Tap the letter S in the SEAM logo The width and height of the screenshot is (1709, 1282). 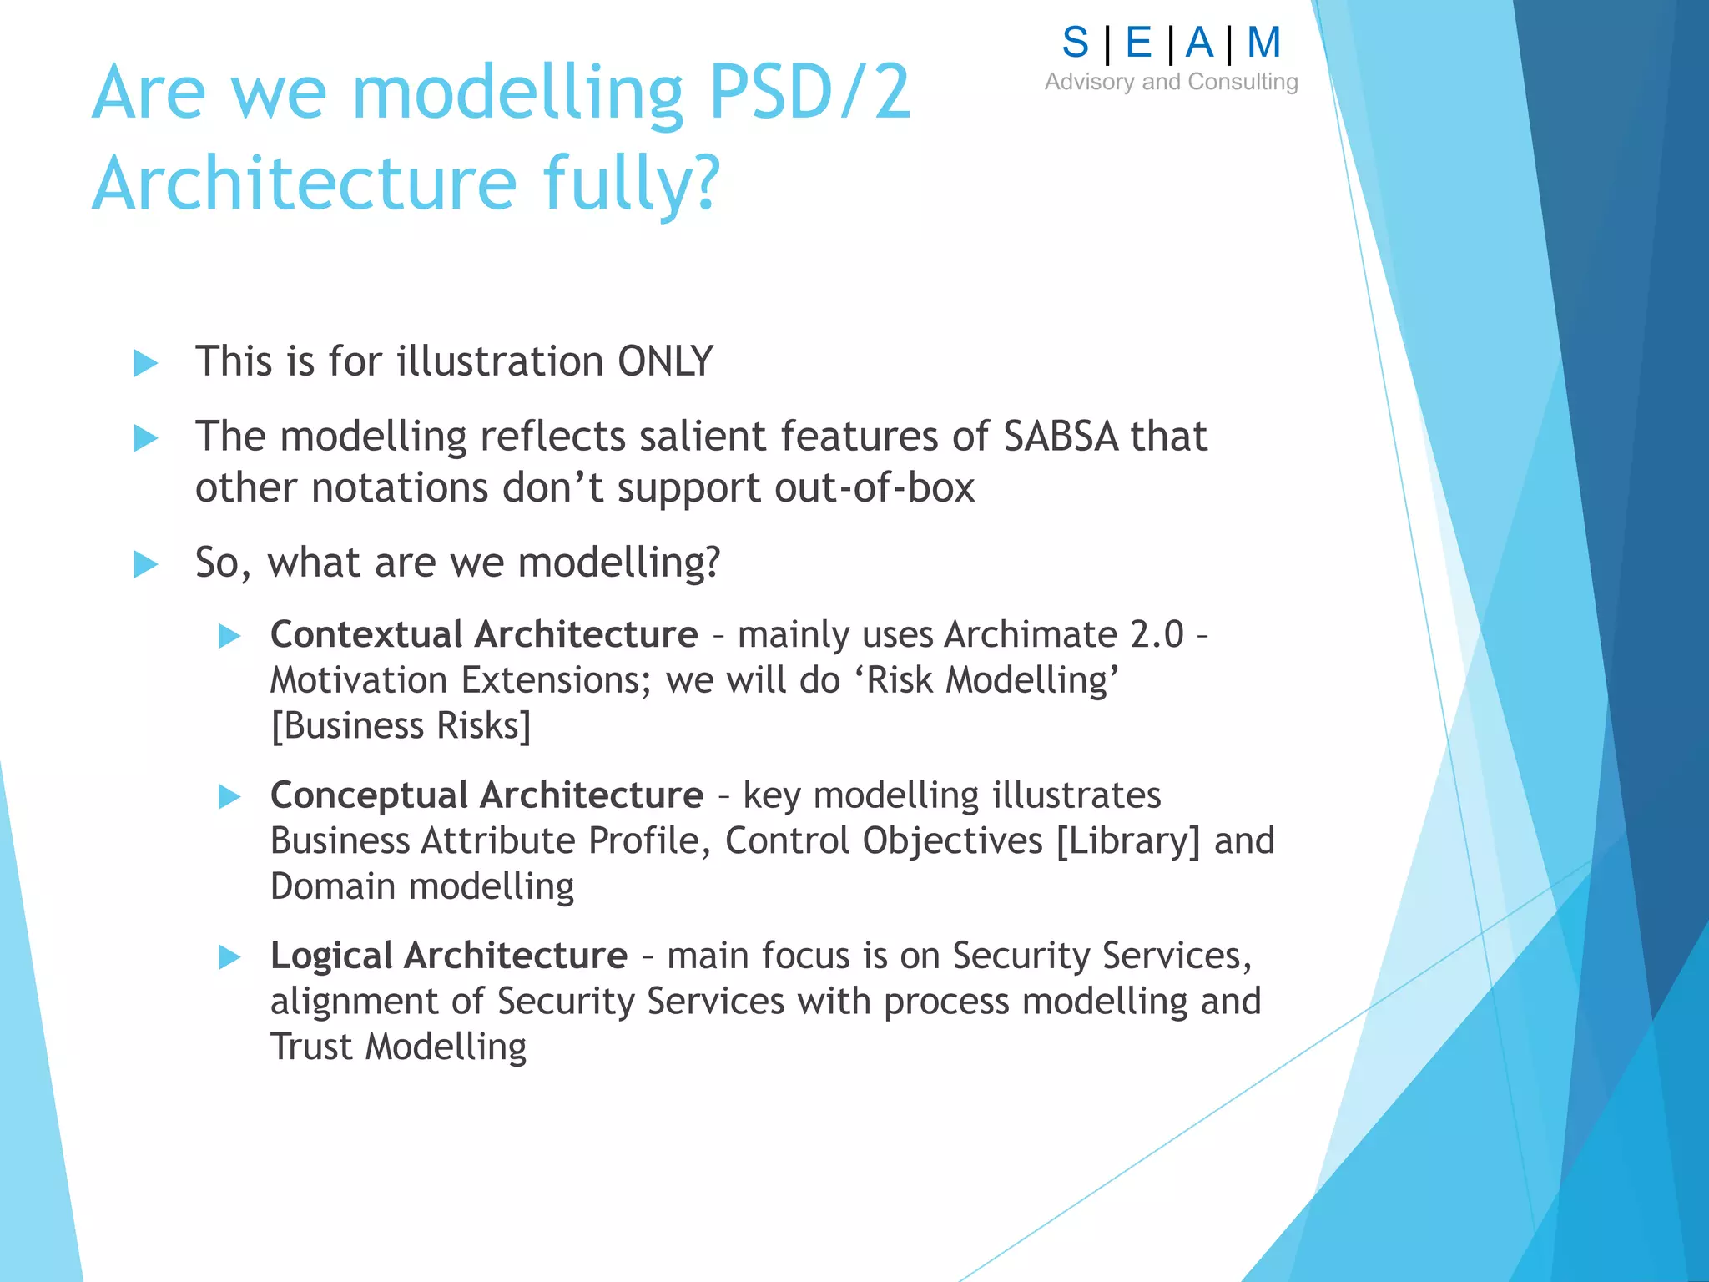click(1075, 43)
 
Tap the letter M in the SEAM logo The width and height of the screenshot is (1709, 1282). click(1263, 43)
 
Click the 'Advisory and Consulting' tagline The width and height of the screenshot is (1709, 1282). click(1171, 82)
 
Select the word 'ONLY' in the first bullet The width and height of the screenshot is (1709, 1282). click(665, 361)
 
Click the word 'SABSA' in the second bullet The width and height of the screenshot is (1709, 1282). click(1060, 437)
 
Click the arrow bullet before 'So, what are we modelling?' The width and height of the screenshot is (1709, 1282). click(146, 564)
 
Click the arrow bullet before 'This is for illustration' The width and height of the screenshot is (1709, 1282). click(146, 363)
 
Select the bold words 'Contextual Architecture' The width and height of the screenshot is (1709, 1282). click(484, 634)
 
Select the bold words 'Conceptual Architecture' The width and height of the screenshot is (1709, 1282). click(486, 795)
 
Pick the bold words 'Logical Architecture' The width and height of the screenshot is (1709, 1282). click(448, 955)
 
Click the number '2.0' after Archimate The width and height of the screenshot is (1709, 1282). click(1156, 634)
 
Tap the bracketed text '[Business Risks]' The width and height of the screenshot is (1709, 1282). click(401, 725)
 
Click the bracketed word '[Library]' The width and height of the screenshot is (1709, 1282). click(1128, 840)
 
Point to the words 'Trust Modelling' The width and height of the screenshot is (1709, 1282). click(398, 1047)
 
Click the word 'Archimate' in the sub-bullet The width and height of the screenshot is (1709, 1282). click(1031, 634)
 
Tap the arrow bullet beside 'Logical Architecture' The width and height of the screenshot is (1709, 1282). click(229, 956)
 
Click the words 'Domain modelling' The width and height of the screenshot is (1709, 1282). click(422, 886)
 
